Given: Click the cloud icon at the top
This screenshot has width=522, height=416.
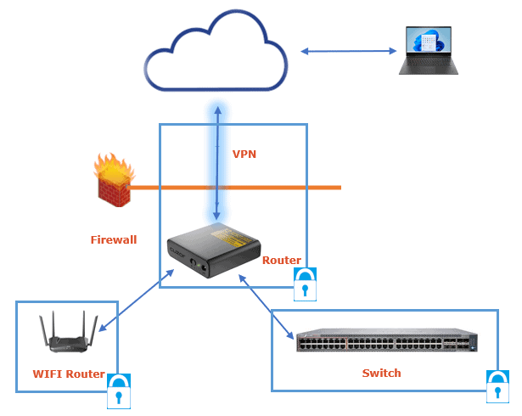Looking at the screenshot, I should pyautogui.click(x=216, y=56).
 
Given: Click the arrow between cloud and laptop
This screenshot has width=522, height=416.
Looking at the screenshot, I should pyautogui.click(x=349, y=52).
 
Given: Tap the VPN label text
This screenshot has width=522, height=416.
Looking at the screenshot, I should pyautogui.click(x=244, y=155).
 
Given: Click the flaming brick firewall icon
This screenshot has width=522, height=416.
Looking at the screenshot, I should pyautogui.click(x=113, y=181).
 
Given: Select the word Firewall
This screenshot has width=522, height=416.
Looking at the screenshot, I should pyautogui.click(x=113, y=240).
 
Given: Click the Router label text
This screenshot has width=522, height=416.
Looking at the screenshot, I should pyautogui.click(x=281, y=260).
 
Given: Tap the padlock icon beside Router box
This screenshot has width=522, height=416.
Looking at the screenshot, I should pyautogui.click(x=306, y=284).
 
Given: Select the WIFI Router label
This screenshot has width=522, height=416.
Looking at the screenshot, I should pyautogui.click(x=68, y=374).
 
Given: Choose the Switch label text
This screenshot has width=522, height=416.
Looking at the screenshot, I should pyautogui.click(x=381, y=373).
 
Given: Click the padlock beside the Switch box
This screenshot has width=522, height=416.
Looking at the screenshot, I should pyautogui.click(x=497, y=387).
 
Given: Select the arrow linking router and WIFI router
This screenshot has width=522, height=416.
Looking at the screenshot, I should pyautogui.click(x=136, y=301).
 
